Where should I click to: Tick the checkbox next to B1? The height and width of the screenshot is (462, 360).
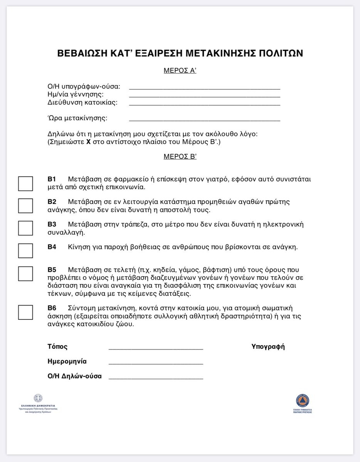[x=25, y=183]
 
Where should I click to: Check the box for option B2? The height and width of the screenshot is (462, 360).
[x=25, y=206]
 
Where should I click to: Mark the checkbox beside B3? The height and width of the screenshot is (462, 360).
[x=25, y=228]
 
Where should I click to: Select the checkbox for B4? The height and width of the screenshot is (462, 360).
[x=25, y=251]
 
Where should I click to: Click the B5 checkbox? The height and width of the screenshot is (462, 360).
[x=25, y=274]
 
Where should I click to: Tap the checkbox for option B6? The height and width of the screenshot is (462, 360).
[x=25, y=312]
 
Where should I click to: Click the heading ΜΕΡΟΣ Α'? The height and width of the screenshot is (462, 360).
[x=180, y=71]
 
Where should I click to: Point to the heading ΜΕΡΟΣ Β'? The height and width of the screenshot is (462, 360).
[x=180, y=156]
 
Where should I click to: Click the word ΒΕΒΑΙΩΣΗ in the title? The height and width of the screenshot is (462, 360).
[x=82, y=53]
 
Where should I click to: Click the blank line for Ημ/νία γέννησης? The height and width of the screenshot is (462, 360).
[x=204, y=96]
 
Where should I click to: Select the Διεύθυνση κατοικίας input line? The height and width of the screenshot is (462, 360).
[x=204, y=105]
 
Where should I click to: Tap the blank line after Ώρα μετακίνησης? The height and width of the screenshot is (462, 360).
[x=204, y=120]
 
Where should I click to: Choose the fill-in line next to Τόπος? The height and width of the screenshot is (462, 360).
[x=156, y=348]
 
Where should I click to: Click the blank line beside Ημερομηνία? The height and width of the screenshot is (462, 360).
[x=156, y=363]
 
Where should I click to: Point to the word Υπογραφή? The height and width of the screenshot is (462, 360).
[x=268, y=346]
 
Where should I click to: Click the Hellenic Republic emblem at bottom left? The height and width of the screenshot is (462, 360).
[x=38, y=398]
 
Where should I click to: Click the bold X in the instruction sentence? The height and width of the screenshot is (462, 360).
[x=88, y=142]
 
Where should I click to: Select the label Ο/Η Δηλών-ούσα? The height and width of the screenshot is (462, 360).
[x=74, y=376]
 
